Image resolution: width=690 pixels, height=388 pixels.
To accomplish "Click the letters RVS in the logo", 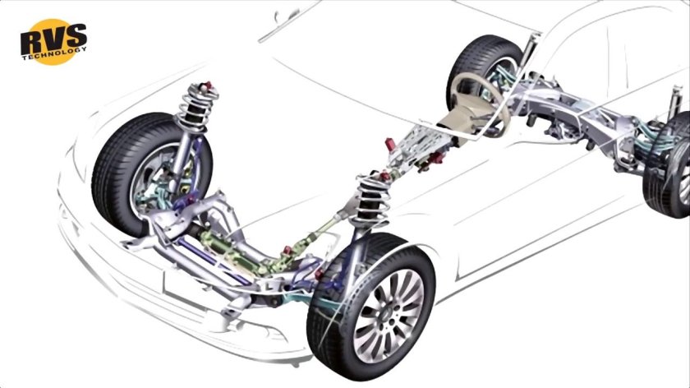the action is (x=53, y=39).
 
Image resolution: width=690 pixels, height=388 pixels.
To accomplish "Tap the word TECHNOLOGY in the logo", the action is (x=54, y=53).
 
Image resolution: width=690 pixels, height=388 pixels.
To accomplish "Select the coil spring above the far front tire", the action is (x=197, y=106).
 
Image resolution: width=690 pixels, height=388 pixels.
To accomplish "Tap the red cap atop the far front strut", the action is (x=205, y=85).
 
